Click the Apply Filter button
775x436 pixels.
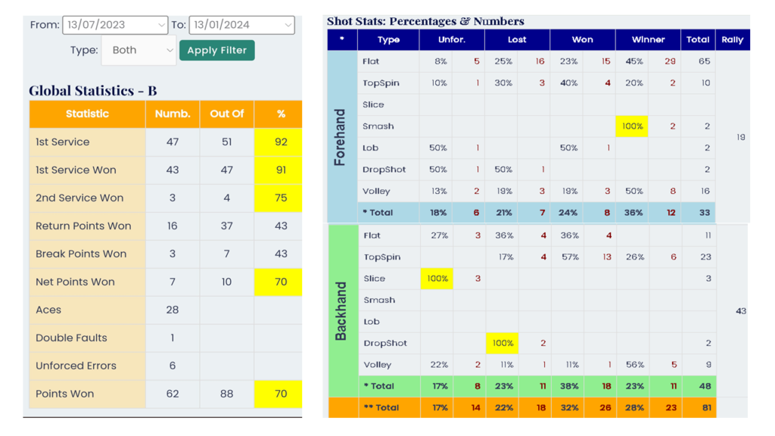(x=216, y=50)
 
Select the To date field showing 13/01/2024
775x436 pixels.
(x=241, y=25)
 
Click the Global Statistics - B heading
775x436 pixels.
(x=93, y=91)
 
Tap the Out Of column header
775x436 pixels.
(x=227, y=114)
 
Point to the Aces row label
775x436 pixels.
(x=48, y=310)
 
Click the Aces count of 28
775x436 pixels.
(x=173, y=310)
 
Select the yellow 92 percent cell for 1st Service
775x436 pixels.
(x=281, y=142)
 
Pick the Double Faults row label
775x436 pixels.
(x=71, y=338)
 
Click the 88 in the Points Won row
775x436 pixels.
(x=227, y=394)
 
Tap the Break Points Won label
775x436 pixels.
(x=81, y=254)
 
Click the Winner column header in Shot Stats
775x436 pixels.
(x=648, y=39)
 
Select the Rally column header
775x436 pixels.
(x=732, y=39)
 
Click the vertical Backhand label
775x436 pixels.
(x=341, y=311)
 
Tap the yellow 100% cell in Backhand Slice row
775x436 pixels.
(x=437, y=279)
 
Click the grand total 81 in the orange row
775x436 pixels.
(x=705, y=407)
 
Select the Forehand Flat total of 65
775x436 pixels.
(x=705, y=61)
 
